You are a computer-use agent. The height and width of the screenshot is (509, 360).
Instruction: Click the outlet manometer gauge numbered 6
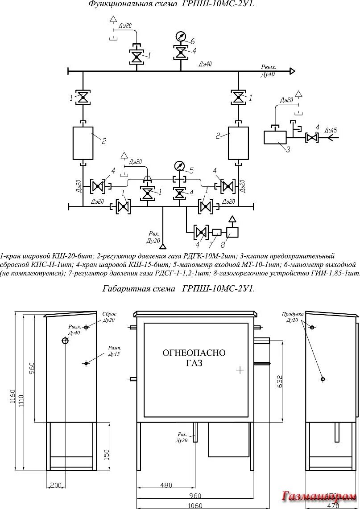click(181, 37)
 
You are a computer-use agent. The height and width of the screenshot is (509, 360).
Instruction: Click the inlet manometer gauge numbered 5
click(179, 166)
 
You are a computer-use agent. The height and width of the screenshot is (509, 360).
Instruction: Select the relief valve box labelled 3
click(275, 137)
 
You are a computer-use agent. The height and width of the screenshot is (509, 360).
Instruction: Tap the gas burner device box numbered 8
click(232, 232)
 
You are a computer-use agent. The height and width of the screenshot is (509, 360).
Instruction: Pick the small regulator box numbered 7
click(216, 232)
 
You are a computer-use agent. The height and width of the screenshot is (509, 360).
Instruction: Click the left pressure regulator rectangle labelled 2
click(83, 143)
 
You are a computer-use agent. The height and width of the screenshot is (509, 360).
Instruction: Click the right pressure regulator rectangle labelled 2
click(238, 143)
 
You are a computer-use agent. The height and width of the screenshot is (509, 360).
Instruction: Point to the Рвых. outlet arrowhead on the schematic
click(292, 70)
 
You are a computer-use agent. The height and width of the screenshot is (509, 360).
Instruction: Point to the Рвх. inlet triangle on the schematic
click(163, 246)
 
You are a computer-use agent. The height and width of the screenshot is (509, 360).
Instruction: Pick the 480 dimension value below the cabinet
click(166, 485)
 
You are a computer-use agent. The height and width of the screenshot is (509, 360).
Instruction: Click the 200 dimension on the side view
click(56, 484)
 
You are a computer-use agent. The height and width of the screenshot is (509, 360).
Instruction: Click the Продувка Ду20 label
click(293, 317)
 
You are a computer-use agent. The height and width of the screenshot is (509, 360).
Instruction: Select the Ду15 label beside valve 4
click(331, 130)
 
